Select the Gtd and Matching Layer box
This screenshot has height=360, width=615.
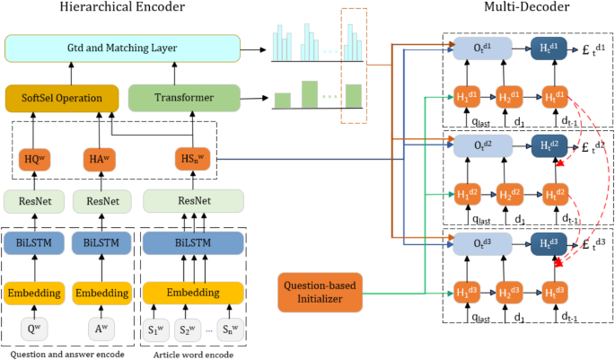(122, 48)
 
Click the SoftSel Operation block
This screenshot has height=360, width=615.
(62, 97)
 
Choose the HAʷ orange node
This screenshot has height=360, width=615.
(99, 159)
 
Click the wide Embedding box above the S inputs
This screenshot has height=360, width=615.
(194, 294)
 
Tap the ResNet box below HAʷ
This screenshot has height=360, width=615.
(99, 201)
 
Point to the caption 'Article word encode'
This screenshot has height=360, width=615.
(191, 353)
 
